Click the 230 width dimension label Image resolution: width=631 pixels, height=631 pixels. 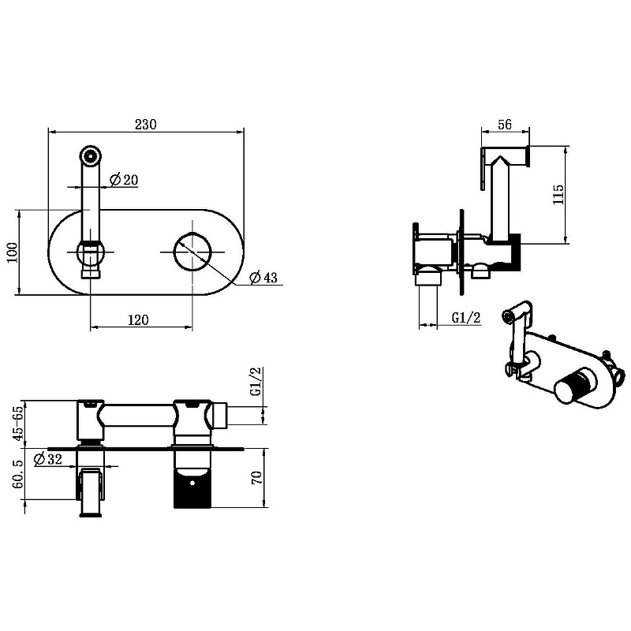[x=146, y=125]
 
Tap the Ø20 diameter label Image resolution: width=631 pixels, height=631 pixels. [x=124, y=180]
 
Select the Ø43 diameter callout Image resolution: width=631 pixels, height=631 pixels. [x=263, y=278]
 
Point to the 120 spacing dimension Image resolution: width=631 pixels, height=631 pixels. [x=139, y=320]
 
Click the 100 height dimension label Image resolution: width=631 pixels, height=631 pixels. [x=12, y=252]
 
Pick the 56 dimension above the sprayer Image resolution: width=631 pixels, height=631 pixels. [x=505, y=125]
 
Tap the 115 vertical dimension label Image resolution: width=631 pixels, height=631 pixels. [x=558, y=194]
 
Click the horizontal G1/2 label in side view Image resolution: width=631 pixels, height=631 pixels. [x=466, y=318]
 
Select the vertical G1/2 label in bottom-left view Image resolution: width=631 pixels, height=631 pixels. [x=256, y=382]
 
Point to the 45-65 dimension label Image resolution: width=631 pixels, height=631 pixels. [x=17, y=424]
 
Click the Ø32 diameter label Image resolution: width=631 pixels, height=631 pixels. [x=48, y=459]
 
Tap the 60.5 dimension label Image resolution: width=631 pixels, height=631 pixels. [x=17, y=475]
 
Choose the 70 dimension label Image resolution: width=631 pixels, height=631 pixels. [x=257, y=478]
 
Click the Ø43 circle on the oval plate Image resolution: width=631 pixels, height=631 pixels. [x=192, y=252]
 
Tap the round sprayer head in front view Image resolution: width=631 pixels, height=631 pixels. [x=90, y=155]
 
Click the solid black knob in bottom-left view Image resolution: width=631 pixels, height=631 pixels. [x=192, y=487]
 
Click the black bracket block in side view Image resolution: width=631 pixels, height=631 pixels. [x=515, y=252]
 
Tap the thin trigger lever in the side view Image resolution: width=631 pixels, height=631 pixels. [x=482, y=169]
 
